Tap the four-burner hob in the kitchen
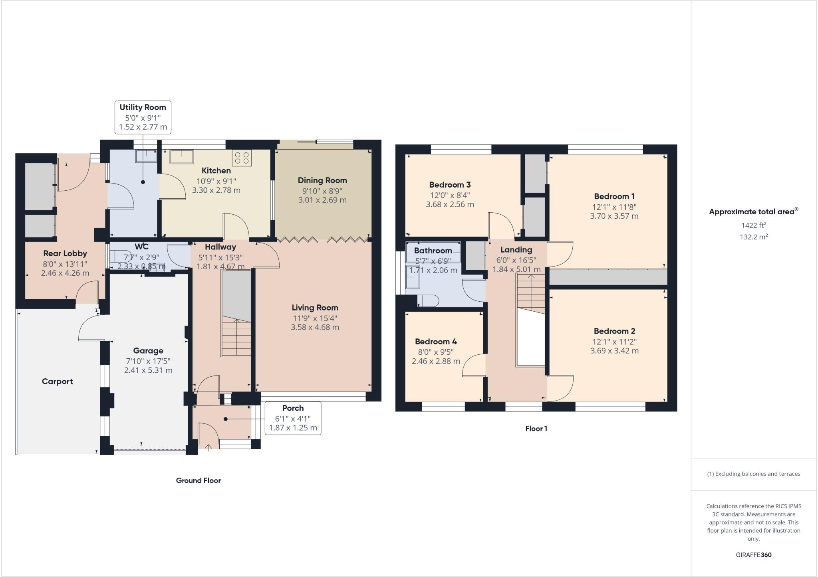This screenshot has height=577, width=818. coord(242,157)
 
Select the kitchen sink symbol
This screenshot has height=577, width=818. coord(182,156)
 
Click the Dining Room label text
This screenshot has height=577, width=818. coord(322,180)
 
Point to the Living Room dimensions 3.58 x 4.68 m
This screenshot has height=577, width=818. coord(315,328)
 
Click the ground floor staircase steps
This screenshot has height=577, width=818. coord(236,338)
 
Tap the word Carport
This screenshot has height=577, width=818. coord(57,381)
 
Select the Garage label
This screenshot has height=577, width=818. coord(148,351)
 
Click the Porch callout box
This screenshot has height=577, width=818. coord(293,418)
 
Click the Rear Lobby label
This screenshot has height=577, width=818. coord(65,253)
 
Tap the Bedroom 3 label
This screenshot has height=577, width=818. coord(450,185)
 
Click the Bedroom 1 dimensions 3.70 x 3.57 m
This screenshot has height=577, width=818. coord(614,216)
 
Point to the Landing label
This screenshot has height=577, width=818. coord(516,250)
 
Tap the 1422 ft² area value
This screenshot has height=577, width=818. coord(753,225)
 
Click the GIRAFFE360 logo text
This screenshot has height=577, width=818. coord(753,555)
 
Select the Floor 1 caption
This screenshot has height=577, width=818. coord(536,429)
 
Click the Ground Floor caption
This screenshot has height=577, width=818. coord(198,480)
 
